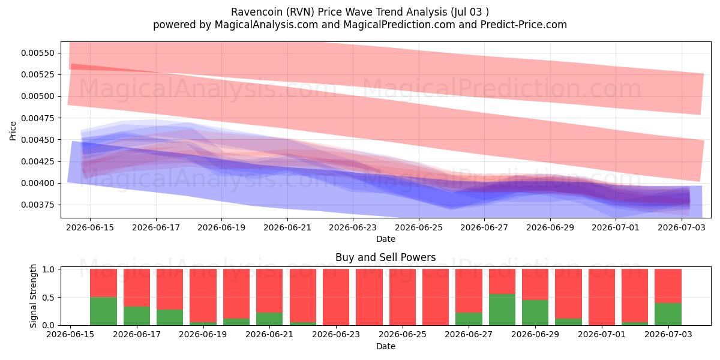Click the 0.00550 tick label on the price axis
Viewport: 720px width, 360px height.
[x=38, y=53]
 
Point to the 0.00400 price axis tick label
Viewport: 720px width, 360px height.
[x=38, y=183]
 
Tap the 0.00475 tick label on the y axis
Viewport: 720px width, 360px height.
[x=38, y=118]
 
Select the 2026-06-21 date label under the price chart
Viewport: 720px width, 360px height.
[x=287, y=227]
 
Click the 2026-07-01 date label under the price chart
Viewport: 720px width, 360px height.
[x=616, y=227]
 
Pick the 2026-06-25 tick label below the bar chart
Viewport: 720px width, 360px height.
[x=403, y=334]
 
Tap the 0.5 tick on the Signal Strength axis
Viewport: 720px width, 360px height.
[x=48, y=298]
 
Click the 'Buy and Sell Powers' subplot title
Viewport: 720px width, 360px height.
[x=386, y=257]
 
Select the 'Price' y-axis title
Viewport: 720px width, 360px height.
[x=13, y=131]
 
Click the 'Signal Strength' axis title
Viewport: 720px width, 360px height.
[x=33, y=296]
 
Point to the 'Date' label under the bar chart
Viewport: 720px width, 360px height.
[x=386, y=346]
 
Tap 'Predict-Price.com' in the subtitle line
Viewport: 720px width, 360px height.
[x=524, y=25]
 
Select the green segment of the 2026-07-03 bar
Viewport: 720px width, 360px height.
[x=668, y=314]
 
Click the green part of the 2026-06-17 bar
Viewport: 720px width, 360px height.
[x=137, y=316]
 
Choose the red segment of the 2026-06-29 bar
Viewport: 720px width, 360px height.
[x=535, y=284]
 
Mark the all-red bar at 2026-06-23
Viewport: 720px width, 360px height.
[x=336, y=297]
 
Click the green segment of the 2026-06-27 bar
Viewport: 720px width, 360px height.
[x=469, y=319]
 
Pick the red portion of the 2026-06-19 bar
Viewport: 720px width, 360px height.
[x=203, y=295]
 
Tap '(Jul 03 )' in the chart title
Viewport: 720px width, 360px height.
[x=470, y=12]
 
